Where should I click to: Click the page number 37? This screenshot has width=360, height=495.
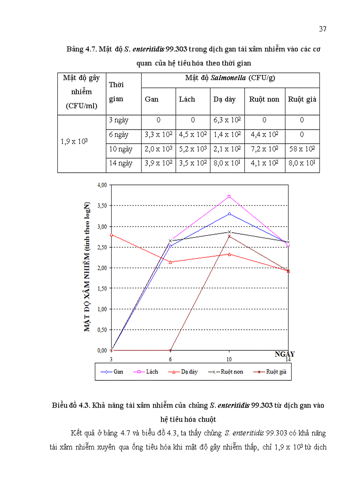tap(322, 29)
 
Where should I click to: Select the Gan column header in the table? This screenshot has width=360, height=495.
tap(152, 99)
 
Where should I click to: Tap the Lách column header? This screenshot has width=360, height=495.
tap(187, 99)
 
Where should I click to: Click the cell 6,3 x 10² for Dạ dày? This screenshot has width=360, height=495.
tap(227, 120)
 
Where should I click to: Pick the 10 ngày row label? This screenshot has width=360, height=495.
tap(121, 149)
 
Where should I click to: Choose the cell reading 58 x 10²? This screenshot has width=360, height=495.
tap(302, 149)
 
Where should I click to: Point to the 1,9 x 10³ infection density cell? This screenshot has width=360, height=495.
tap(76, 142)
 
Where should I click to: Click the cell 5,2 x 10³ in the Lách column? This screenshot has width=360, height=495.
tap(193, 149)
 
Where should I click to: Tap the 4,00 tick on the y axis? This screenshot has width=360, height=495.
tap(101, 185)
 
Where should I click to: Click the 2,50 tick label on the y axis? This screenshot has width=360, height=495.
tap(101, 247)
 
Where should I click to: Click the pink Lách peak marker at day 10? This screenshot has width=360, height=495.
tap(229, 197)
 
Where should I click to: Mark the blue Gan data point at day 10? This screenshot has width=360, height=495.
tap(229, 214)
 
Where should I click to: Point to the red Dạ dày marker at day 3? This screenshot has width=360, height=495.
tap(111, 234)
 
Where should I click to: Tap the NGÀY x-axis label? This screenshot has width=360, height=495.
tap(285, 354)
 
